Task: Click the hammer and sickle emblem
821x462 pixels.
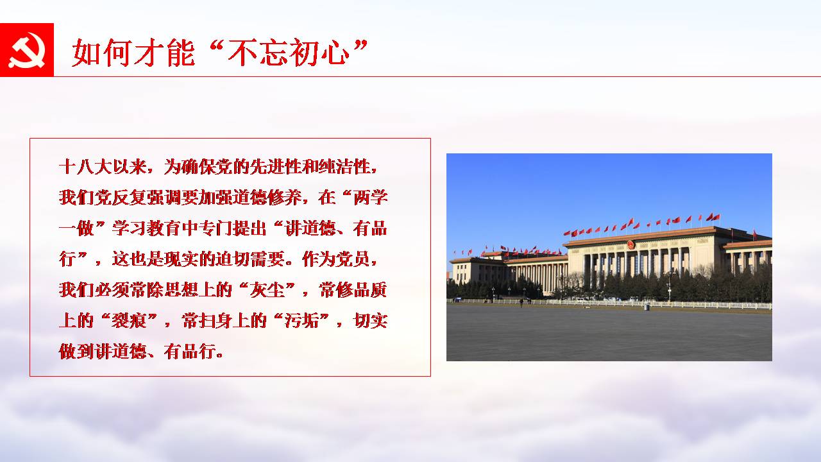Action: [27, 50]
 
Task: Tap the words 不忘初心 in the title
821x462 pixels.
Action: [289, 53]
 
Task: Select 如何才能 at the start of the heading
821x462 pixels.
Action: [133, 53]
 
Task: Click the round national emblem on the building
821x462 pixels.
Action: [631, 244]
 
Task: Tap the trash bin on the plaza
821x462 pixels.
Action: [647, 307]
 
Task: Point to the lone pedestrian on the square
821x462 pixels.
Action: [521, 302]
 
